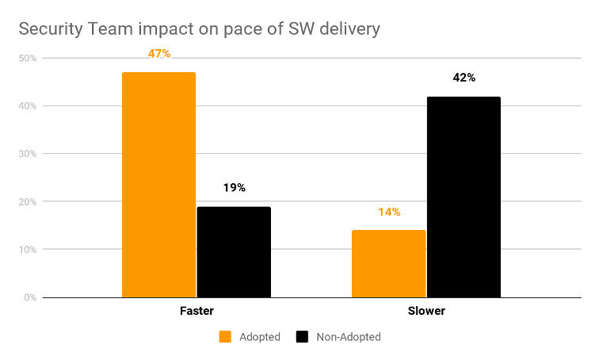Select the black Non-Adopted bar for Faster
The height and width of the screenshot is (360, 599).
coord(234,252)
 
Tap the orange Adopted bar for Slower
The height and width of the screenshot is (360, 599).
coord(388,263)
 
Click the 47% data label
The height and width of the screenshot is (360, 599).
coord(158,54)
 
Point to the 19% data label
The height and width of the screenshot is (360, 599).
coord(234,188)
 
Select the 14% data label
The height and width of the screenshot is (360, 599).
coord(388,212)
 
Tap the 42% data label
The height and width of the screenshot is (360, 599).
coord(464,78)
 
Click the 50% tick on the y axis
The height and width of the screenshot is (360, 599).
coord(28,58)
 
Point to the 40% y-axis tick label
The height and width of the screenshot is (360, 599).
coord(28,106)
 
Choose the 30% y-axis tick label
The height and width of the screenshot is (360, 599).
coord(28,154)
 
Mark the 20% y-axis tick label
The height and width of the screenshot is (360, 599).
coord(28,202)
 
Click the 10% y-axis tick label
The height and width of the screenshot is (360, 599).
coord(28,250)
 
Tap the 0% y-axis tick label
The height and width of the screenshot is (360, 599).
coord(30,297)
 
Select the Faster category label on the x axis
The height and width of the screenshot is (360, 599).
coord(196,311)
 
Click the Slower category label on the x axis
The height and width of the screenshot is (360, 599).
coord(426,311)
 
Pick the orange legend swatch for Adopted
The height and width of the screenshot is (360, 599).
coord(225,337)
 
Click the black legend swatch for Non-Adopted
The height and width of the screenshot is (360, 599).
coord(302,337)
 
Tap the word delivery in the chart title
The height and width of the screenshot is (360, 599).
coord(348,29)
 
